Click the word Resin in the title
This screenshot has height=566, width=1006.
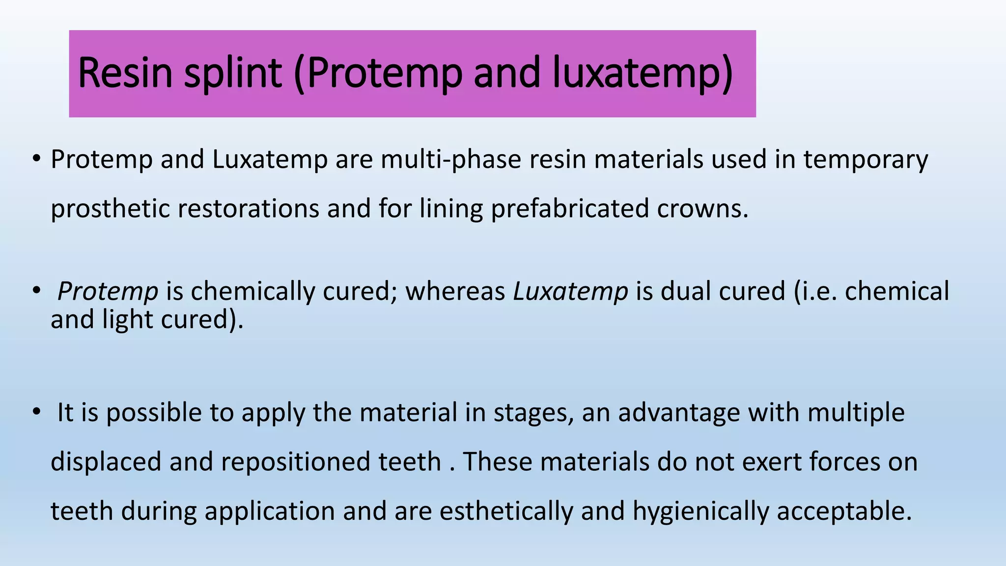click(125, 73)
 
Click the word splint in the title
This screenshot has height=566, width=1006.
click(233, 73)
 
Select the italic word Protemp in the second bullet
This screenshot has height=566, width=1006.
click(108, 291)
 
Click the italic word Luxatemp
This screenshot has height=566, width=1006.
click(570, 291)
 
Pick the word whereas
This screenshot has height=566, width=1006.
click(455, 291)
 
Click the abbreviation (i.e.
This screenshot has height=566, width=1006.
click(815, 291)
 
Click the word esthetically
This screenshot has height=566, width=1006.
click(506, 511)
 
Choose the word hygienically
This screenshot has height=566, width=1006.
click(700, 511)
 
